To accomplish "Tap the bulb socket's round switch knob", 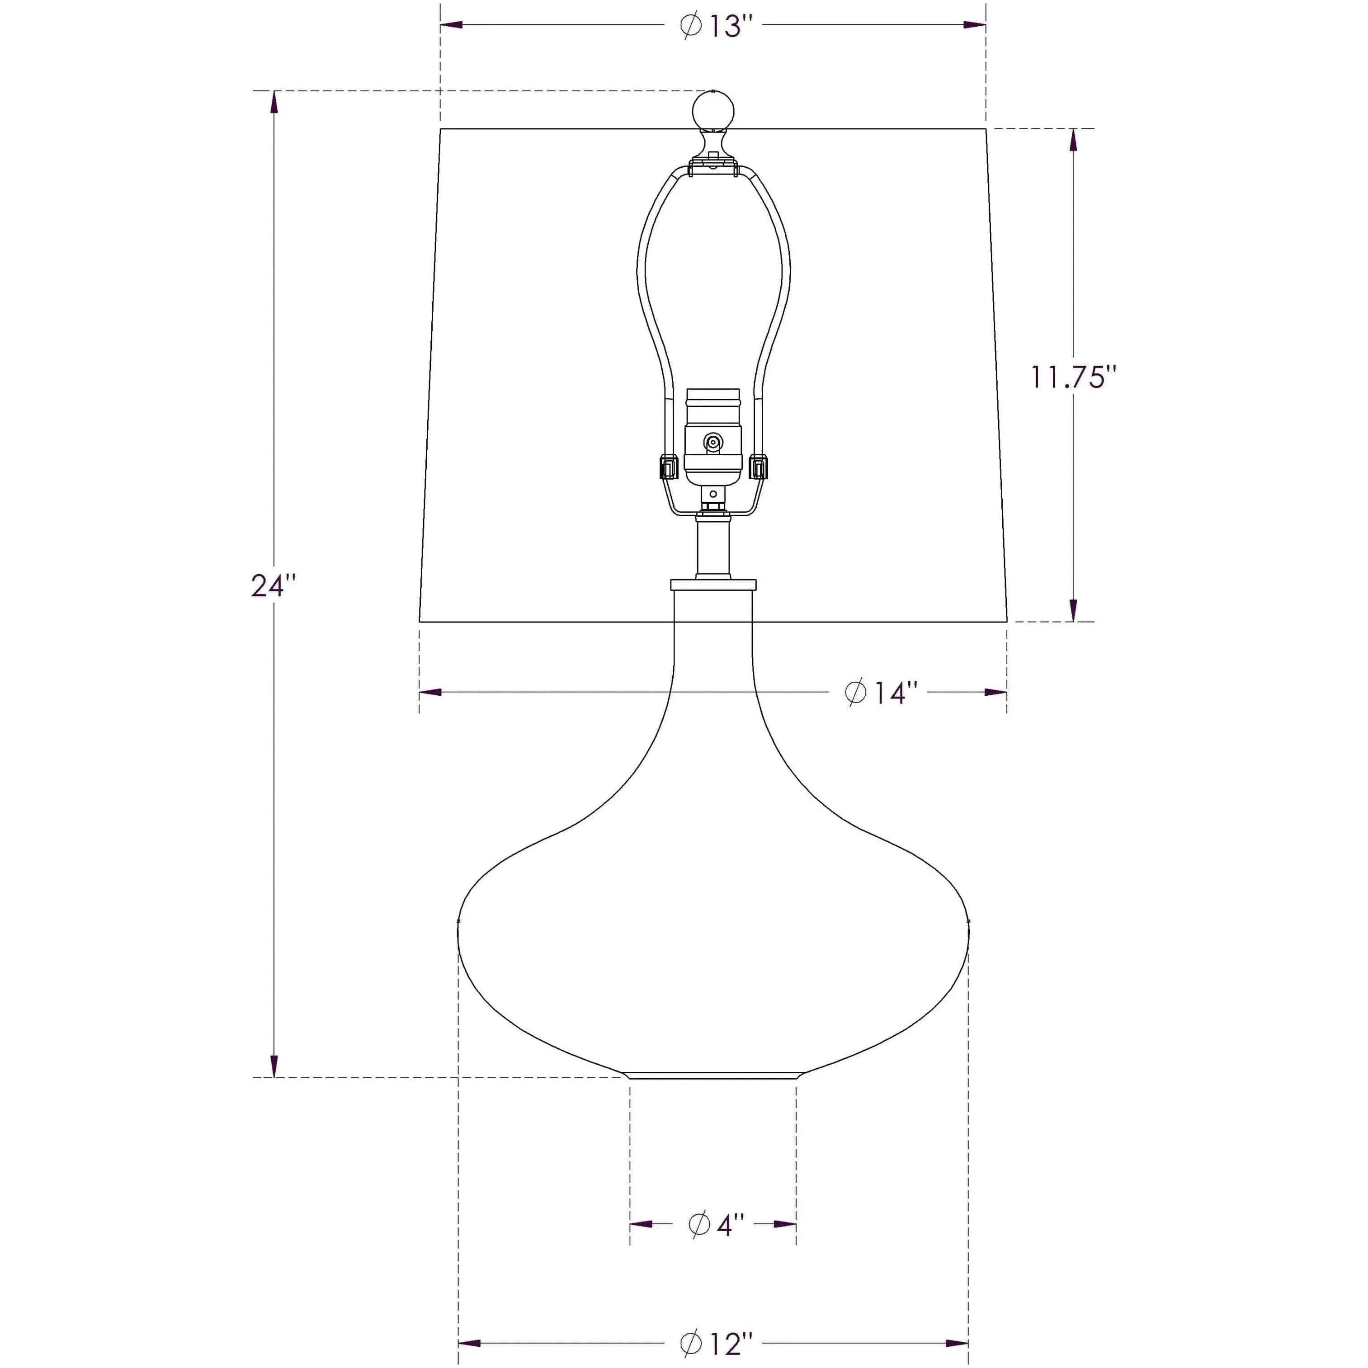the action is click(x=713, y=443).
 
